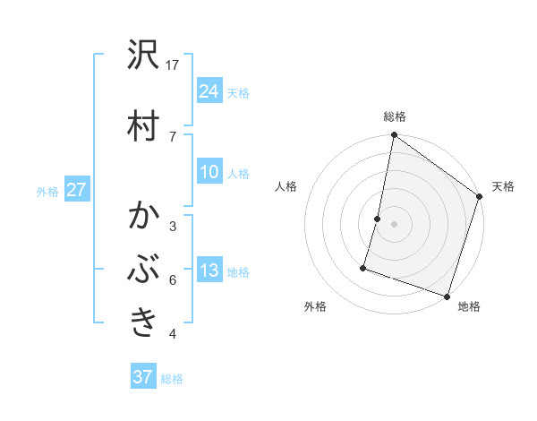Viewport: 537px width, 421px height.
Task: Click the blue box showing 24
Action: [x=209, y=90]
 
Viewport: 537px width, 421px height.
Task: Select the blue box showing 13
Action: [x=209, y=271]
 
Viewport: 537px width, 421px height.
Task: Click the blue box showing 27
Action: [x=76, y=190]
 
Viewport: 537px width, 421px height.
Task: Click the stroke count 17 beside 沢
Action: [x=173, y=64]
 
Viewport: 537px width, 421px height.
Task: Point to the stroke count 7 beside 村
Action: [x=173, y=135]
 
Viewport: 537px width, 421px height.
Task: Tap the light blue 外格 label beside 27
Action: [x=47, y=191]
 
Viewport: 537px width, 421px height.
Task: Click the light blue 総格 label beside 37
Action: [x=172, y=379]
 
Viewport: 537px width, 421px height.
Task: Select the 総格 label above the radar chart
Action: [x=395, y=116]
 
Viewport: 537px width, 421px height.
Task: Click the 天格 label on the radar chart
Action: [x=503, y=186]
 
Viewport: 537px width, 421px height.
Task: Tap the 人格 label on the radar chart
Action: [x=286, y=186]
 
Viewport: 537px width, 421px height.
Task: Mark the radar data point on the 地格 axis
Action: [x=447, y=296]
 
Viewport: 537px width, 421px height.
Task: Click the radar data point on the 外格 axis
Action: [x=363, y=267]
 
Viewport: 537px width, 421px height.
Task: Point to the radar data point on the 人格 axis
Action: [x=378, y=219]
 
